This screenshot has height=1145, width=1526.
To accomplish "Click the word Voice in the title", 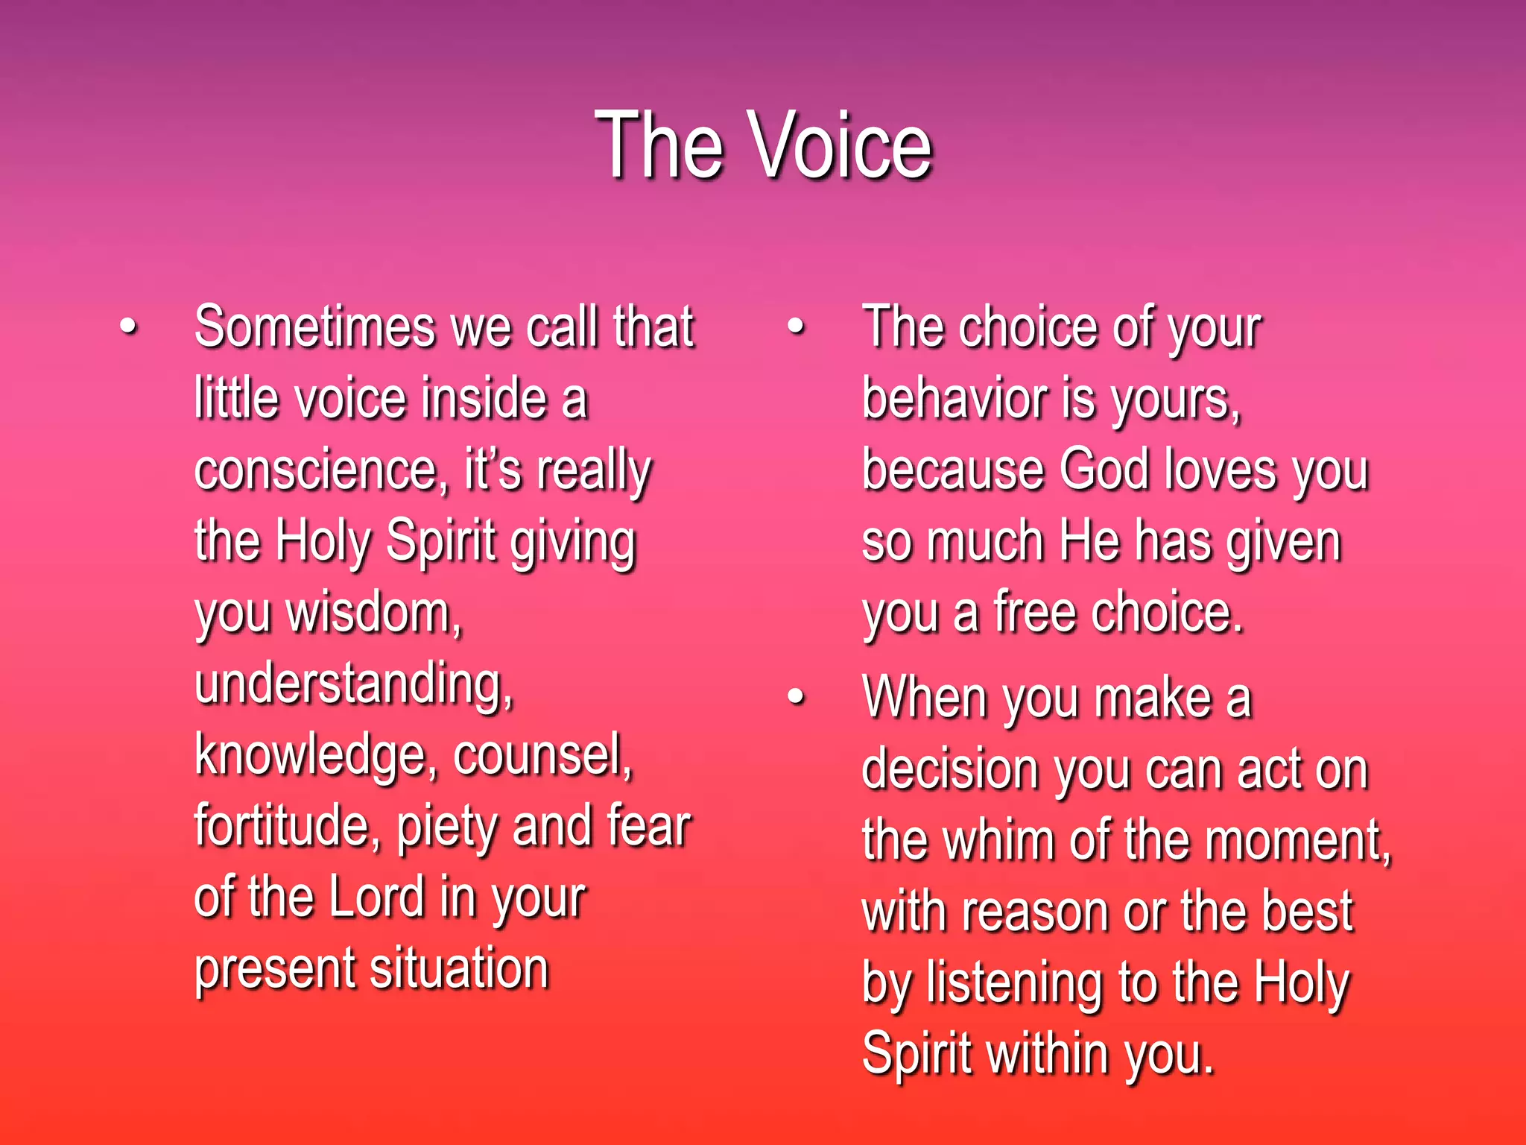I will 842,145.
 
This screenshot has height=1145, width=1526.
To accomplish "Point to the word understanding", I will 353,684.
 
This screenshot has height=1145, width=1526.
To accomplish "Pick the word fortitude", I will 287,826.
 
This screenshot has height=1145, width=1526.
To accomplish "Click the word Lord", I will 376,898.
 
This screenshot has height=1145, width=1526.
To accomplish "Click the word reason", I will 1036,912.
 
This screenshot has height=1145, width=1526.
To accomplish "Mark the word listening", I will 1014,984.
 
